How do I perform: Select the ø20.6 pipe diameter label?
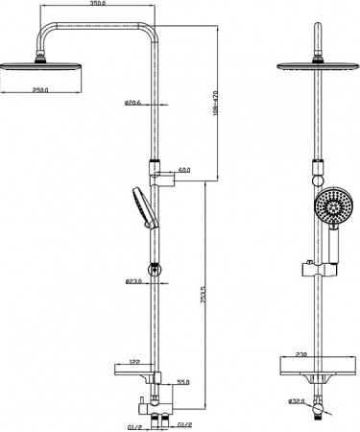pos(133,104)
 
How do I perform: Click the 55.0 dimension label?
pos(182,381)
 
